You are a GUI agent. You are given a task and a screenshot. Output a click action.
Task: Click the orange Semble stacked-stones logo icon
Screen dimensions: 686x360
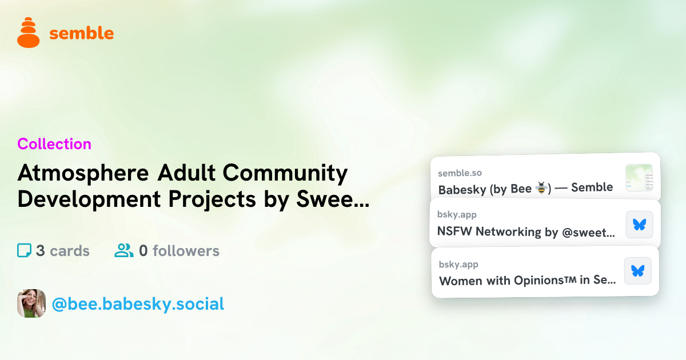pos(29,33)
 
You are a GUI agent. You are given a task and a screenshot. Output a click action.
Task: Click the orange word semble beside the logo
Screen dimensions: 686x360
pos(81,33)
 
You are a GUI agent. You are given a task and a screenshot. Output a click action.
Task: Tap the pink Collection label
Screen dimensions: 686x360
pos(54,144)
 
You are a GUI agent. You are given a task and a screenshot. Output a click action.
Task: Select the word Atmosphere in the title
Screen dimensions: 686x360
pos(83,173)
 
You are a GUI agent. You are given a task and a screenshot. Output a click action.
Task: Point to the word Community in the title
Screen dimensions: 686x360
pos(285,173)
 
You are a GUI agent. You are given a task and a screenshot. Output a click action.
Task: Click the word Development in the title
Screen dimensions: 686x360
pos(89,199)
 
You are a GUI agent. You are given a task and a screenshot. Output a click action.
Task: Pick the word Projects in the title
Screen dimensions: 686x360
pos(212,199)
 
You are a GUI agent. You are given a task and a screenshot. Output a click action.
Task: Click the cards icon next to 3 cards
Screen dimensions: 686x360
pos(24,250)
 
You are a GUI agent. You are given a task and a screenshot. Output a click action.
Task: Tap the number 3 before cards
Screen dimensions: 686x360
pos(41,251)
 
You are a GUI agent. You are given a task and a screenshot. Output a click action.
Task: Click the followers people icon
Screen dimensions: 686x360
pos(123,250)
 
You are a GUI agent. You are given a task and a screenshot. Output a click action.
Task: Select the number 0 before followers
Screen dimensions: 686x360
pos(143,251)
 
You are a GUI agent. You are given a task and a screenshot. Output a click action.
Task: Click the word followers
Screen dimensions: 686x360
pos(186,251)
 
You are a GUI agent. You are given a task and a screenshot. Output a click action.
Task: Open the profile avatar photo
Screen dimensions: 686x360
pos(31,303)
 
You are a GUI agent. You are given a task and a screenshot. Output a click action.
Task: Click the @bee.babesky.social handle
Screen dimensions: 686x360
pos(138,304)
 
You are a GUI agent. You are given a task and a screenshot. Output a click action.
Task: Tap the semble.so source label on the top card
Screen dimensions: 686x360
pos(460,173)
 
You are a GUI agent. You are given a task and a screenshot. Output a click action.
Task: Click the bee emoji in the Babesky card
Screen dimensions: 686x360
pos(541,188)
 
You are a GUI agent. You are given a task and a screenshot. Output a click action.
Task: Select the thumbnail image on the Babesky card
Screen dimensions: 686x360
pos(639,178)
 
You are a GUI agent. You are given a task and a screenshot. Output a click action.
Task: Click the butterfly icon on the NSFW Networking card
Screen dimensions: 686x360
pos(640,225)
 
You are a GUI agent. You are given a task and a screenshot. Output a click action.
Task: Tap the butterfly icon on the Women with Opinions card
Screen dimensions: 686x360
pos(638,271)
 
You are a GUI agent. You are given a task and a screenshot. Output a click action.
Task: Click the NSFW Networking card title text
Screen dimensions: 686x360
pos(526,232)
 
